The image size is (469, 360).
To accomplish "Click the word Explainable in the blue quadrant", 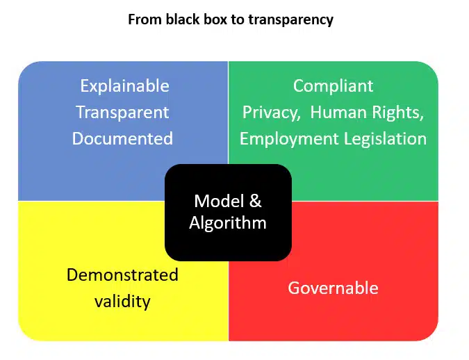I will [124, 86].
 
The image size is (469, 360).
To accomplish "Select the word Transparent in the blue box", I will [122, 113].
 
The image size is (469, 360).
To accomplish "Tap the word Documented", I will [122, 138].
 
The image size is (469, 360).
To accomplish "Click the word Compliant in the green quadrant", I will [333, 86].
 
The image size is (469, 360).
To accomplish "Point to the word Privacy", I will [270, 113].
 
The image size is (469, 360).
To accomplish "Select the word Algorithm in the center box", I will [228, 223].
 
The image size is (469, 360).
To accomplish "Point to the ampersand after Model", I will [255, 201].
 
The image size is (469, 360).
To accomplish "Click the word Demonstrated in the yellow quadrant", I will [122, 275].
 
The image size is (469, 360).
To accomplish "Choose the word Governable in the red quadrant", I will [333, 288].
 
